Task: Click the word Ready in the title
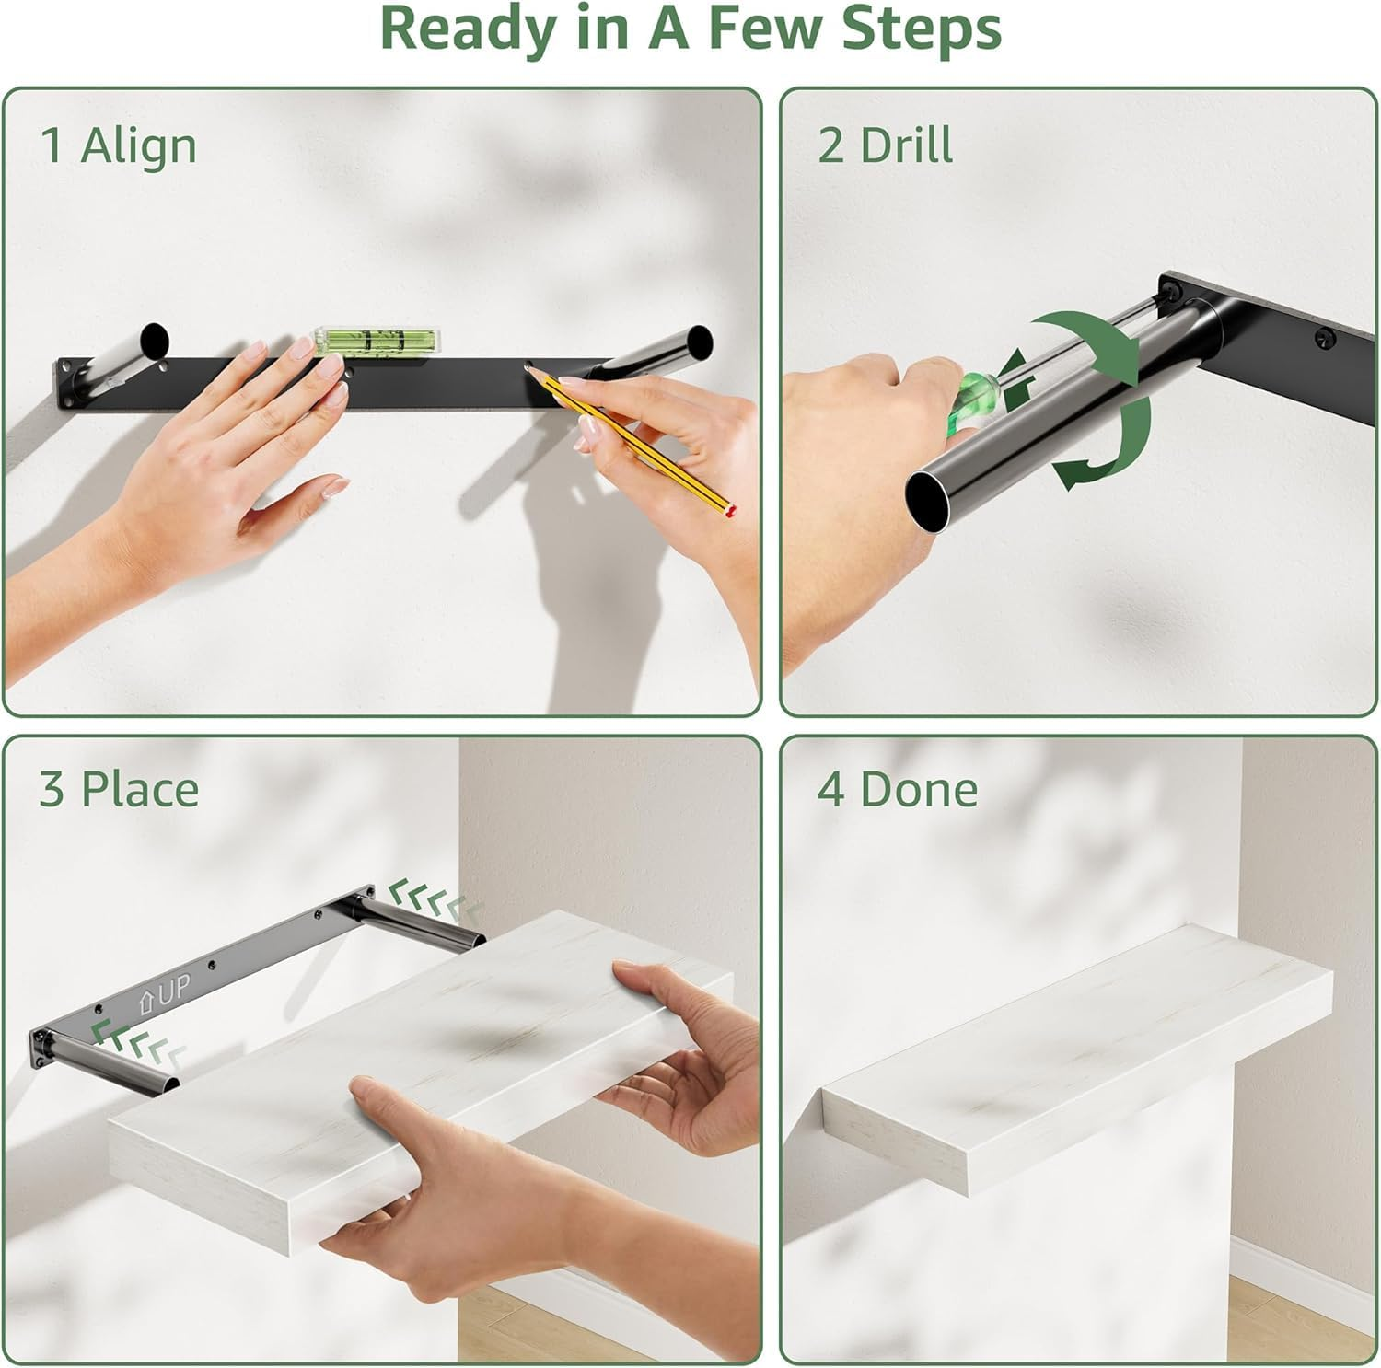[467, 29]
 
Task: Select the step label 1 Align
[119, 145]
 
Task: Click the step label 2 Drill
[885, 145]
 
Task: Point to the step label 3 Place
[119, 790]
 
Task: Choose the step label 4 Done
[898, 790]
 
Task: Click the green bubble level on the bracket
[377, 342]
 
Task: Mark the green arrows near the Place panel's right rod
[435, 898]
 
